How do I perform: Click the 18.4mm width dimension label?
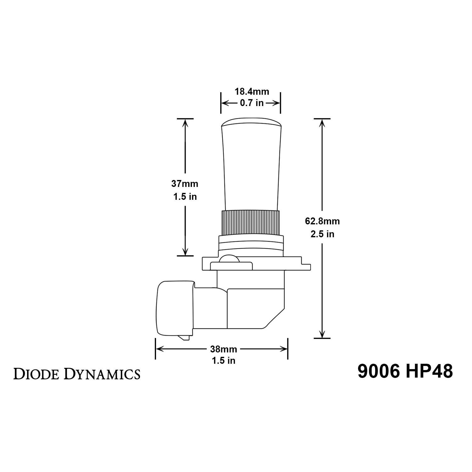click(x=252, y=92)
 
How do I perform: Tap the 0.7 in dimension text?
click(x=252, y=103)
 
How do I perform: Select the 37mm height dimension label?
click(x=185, y=183)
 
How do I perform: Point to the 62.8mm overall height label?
click(x=322, y=221)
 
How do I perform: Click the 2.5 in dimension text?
click(x=322, y=234)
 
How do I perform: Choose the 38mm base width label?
click(x=223, y=349)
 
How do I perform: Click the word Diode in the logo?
click(x=37, y=374)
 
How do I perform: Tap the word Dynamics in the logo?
click(x=102, y=374)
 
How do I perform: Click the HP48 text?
click(x=429, y=372)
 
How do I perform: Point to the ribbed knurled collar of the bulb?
click(x=251, y=222)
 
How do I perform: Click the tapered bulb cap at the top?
click(x=251, y=164)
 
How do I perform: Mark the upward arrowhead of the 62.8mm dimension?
click(x=322, y=123)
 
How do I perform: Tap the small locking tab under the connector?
click(x=183, y=338)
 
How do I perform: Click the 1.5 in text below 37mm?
click(x=185, y=197)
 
